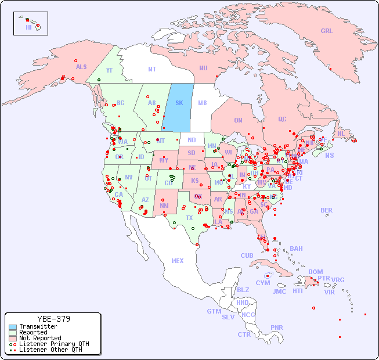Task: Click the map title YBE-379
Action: [53, 319]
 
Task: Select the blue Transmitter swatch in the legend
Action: [13, 327]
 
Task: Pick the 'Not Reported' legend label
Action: [39, 338]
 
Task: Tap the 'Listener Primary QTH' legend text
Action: [53, 344]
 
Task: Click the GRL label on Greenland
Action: [327, 31]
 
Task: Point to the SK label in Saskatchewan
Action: [179, 103]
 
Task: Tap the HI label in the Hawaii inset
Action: [28, 27]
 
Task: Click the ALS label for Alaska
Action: [81, 67]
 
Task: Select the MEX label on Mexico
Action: [178, 261]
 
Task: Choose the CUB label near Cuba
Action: [247, 256]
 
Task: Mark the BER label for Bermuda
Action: [326, 210]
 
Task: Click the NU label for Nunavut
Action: [203, 69]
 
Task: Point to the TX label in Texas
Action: [189, 218]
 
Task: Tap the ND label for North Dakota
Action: [192, 141]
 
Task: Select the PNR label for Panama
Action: [277, 327]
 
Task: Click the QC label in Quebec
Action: [282, 120]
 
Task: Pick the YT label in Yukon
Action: [109, 70]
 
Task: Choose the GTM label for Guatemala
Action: [214, 311]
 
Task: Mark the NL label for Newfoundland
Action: [341, 134]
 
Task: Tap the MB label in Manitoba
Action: [202, 103]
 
